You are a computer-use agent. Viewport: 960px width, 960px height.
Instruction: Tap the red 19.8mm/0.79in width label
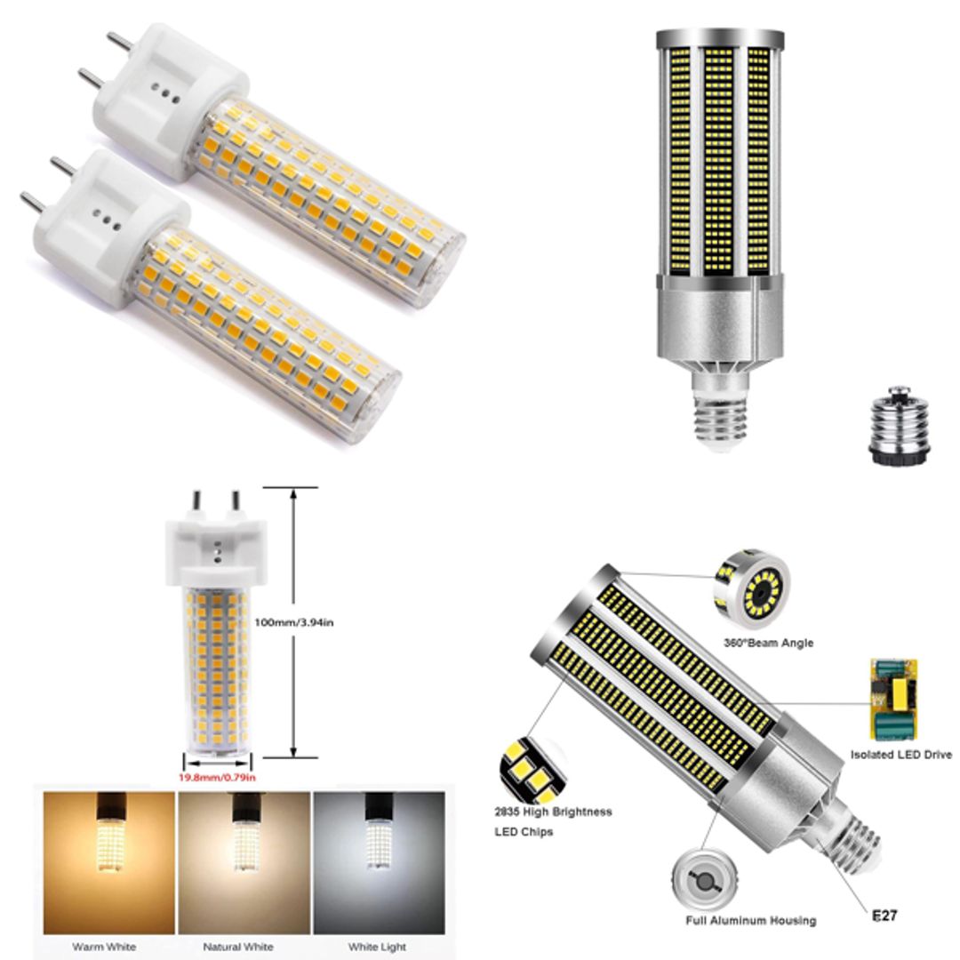pyautogui.click(x=219, y=778)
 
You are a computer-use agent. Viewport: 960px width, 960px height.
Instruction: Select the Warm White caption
pyautogui.click(x=104, y=947)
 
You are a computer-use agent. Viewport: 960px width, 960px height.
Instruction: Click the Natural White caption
pyautogui.click(x=238, y=947)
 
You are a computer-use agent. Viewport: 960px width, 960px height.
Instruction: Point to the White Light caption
pyautogui.click(x=376, y=947)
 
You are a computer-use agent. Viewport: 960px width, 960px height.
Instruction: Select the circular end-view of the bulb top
pyautogui.click(x=752, y=589)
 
